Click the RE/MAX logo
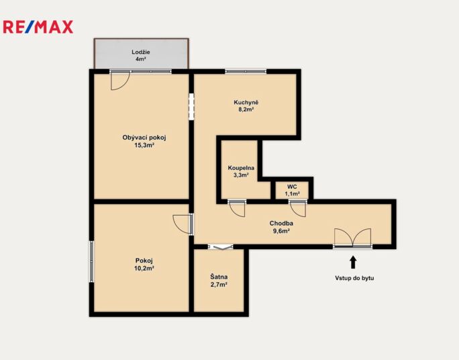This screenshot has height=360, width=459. click(x=38, y=27)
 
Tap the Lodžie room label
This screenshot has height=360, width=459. click(x=141, y=52)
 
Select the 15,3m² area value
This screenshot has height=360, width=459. click(x=144, y=145)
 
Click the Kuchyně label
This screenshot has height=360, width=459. click(x=246, y=103)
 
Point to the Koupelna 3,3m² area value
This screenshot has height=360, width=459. click(x=241, y=175)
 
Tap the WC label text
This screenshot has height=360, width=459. click(x=292, y=187)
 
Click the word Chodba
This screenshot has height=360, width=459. click(x=281, y=223)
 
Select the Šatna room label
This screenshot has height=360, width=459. click(x=219, y=277)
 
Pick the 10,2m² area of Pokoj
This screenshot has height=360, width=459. click(x=144, y=268)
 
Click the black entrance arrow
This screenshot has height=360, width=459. click(x=353, y=262)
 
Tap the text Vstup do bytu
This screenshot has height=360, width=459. click(x=354, y=278)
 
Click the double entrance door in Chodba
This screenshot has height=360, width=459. click(x=353, y=238)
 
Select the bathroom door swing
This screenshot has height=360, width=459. click(x=237, y=208)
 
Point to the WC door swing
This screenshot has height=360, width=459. click(x=298, y=208)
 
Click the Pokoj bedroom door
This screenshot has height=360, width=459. click(x=183, y=224)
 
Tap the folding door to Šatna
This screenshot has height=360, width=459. click(x=220, y=247)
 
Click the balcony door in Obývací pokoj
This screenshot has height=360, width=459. click(x=120, y=80)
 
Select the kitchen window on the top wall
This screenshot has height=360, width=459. click(x=246, y=71)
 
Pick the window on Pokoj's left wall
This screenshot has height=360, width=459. click(x=92, y=261)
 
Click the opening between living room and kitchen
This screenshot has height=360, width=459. click(x=191, y=106)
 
